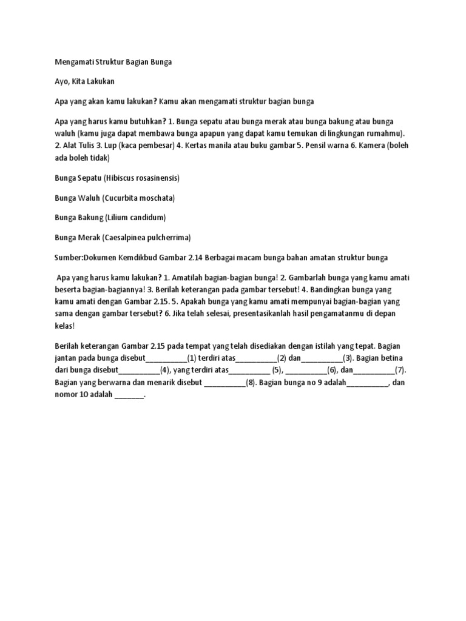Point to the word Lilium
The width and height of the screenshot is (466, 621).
[119, 217]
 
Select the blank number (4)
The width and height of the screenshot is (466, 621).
[164, 371]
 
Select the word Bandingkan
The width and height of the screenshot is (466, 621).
[341, 289]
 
